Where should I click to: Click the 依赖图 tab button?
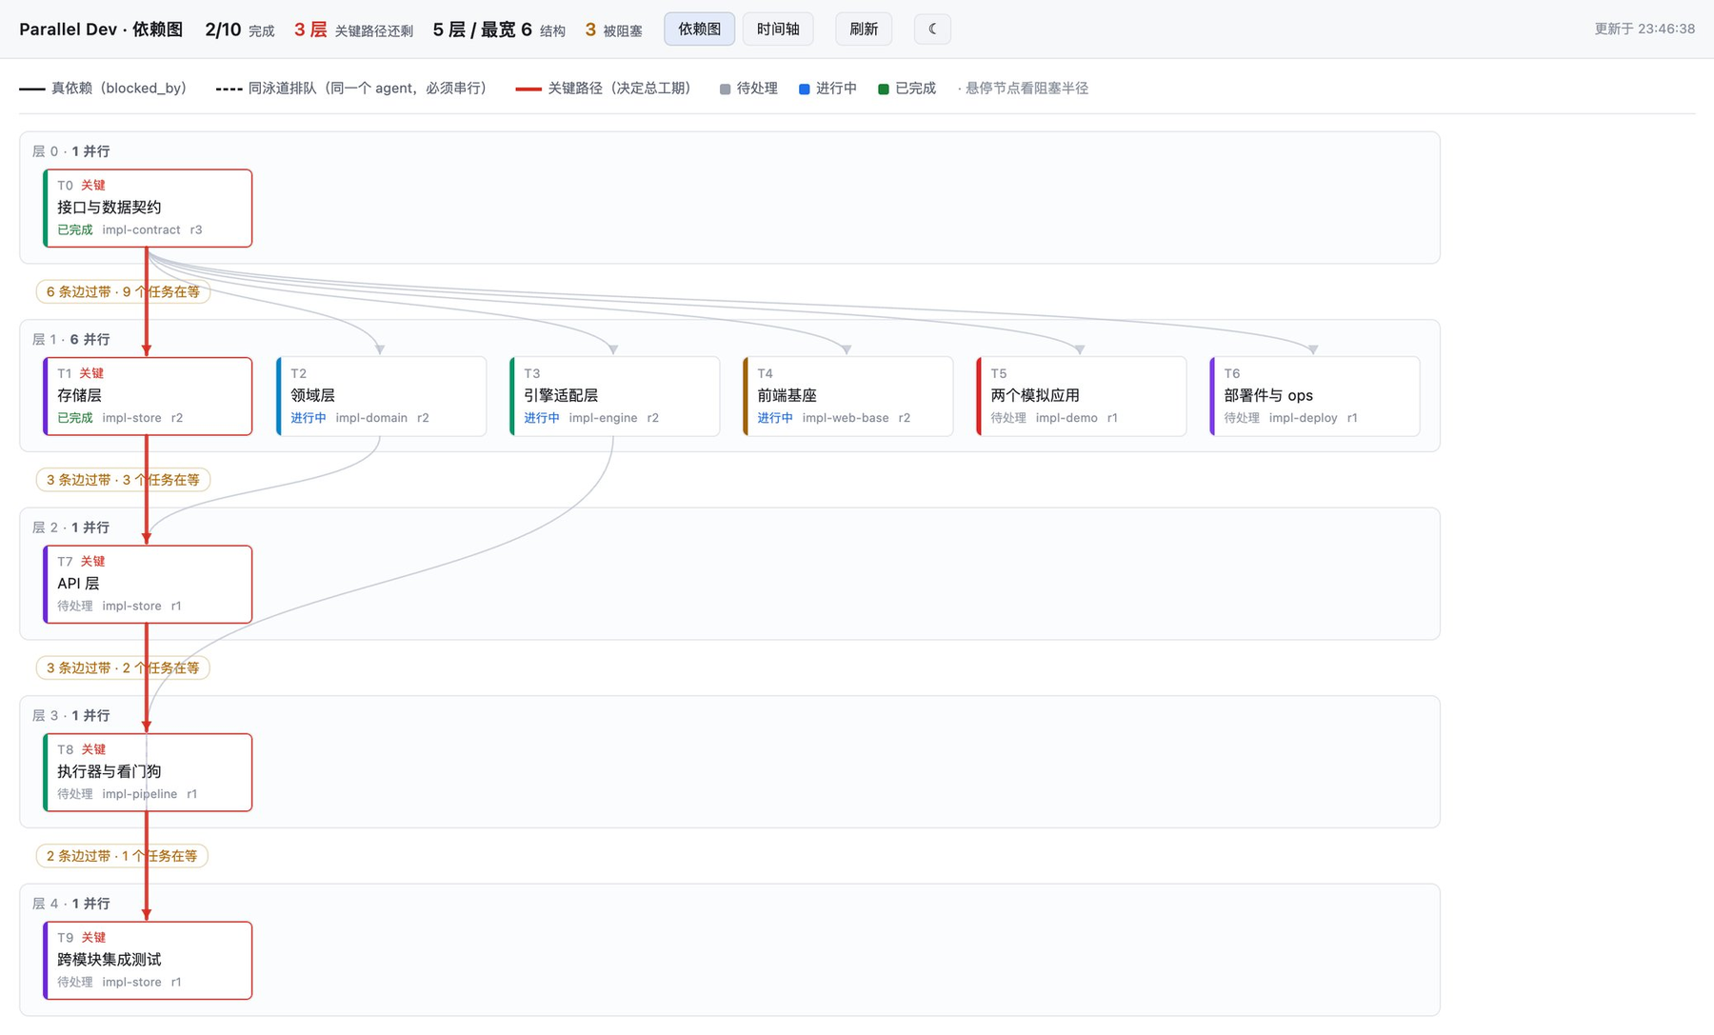699,29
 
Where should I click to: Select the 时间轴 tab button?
778,29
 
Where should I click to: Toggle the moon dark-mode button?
932,29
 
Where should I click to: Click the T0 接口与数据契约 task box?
148,208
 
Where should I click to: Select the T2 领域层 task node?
381,396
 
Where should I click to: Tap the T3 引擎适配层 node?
614,396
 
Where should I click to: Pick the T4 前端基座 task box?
847,396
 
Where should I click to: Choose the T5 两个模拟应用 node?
1081,396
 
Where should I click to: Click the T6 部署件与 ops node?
1314,396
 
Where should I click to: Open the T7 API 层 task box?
148,584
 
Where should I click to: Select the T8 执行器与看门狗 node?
148,772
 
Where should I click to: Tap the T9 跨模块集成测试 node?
148,960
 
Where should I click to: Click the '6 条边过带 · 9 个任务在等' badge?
123,291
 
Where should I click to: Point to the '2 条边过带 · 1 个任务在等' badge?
122,856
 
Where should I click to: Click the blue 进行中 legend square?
805,89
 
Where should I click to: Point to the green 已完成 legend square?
884,89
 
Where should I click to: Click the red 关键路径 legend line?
528,89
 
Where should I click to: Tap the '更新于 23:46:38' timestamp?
1644,29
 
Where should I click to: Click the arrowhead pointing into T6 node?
1313,350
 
